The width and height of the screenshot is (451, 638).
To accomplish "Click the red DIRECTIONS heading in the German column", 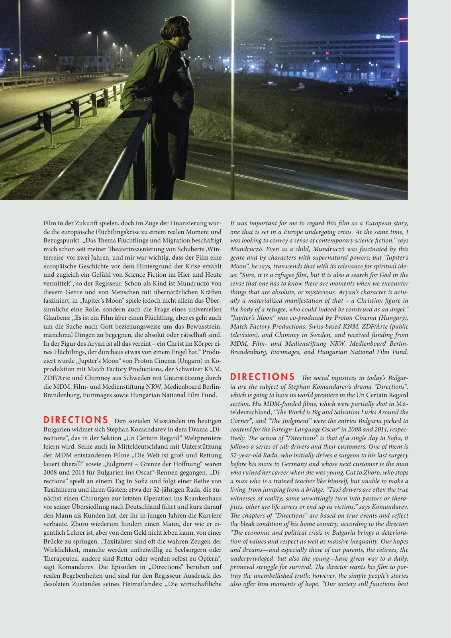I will (x=76, y=420).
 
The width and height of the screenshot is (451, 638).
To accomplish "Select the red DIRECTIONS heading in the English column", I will (x=263, y=377).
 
